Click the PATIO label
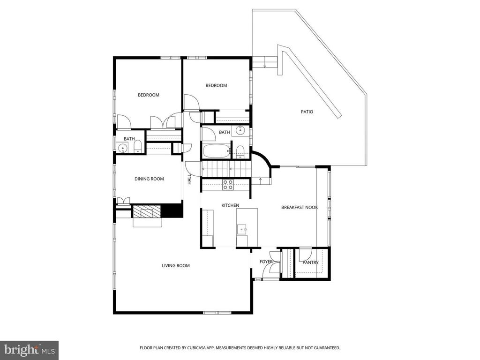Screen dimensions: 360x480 coord(307,112)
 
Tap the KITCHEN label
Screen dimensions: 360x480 coord(230,205)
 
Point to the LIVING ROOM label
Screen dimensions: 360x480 coord(176,266)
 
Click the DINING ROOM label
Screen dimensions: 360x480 coord(149,179)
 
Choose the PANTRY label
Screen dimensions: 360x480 coord(310,262)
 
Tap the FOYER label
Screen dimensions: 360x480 coord(266,262)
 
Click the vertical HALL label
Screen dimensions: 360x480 coord(190,180)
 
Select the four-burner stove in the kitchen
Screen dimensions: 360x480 coord(228,185)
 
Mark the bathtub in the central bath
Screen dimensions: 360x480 coord(216,151)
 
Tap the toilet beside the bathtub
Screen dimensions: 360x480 coord(240,151)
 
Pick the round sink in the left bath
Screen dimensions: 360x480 coord(123,149)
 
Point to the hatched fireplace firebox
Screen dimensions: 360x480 coord(147,211)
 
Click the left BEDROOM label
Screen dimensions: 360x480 coord(148,95)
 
